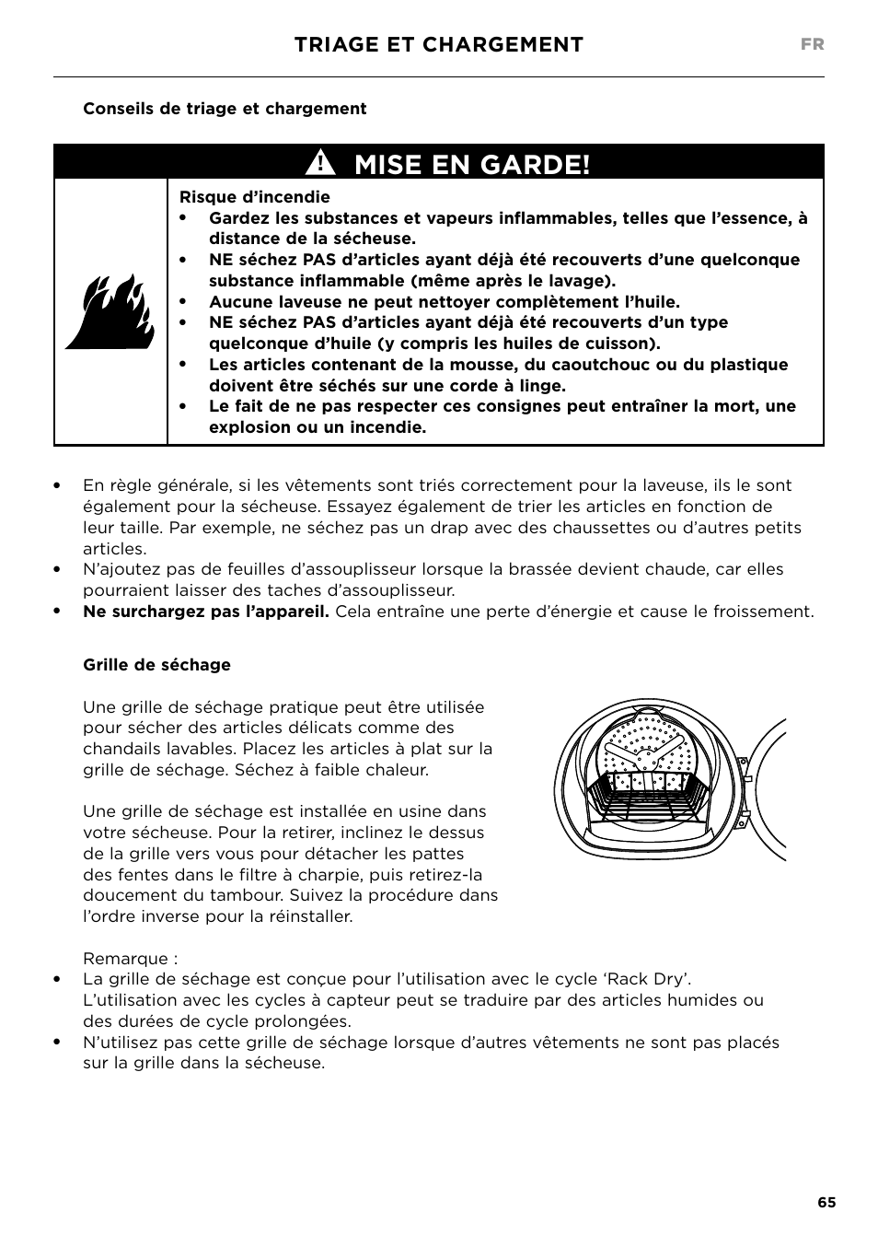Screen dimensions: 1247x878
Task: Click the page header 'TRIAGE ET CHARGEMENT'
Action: [x=439, y=45]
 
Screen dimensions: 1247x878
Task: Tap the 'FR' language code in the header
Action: [x=812, y=45]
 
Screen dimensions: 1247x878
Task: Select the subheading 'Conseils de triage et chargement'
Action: [x=225, y=109]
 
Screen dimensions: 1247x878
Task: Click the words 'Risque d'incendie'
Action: [x=254, y=197]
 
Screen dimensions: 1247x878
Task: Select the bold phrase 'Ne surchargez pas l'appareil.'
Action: [x=205, y=612]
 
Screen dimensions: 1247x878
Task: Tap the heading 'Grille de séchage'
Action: [x=156, y=665]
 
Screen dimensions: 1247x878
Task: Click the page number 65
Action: [x=826, y=1203]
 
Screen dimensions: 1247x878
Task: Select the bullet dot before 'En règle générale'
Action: [x=57, y=485]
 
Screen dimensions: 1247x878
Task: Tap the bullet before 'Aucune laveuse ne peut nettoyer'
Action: [x=184, y=302]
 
